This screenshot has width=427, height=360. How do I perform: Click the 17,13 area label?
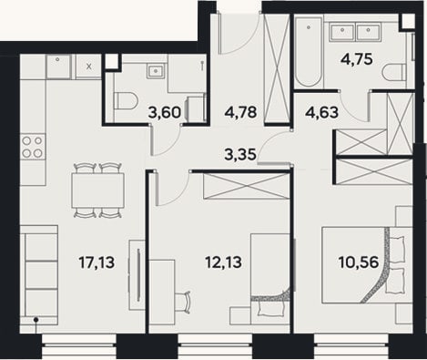tap(97, 262)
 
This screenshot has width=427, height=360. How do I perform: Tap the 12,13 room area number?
tap(224, 262)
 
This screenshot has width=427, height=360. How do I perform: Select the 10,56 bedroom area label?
tap(359, 262)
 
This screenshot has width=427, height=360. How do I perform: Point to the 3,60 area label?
tap(165, 113)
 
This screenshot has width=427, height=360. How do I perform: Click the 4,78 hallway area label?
tap(240, 112)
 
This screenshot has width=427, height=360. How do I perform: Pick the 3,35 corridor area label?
tap(240, 154)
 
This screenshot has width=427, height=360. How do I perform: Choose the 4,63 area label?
tap(321, 112)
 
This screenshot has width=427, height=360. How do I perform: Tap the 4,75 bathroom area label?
tap(357, 59)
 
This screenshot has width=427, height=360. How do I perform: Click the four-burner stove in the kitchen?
tap(33, 147)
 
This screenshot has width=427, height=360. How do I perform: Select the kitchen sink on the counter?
tap(58, 67)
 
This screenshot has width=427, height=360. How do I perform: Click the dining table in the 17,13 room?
tap(97, 190)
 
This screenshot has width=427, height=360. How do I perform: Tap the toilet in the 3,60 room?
tap(126, 100)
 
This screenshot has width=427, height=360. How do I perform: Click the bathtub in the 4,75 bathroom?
tap(309, 52)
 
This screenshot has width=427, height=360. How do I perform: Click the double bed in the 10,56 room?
tap(367, 264)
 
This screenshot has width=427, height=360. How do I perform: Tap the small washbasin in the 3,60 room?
tap(157, 71)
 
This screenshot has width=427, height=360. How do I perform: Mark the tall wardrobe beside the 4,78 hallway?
tap(277, 67)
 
